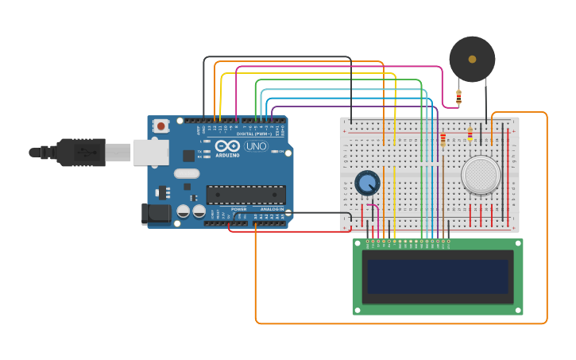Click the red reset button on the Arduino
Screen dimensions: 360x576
pyautogui.click(x=161, y=126)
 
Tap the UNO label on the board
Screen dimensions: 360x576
pyautogui.click(x=256, y=146)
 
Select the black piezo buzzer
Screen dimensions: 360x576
pyautogui.click(x=472, y=59)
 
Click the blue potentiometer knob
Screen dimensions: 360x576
pyautogui.click(x=367, y=183)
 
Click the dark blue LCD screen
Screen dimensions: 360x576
pyautogui.click(x=437, y=276)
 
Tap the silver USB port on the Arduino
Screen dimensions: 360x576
pyautogui.click(x=151, y=152)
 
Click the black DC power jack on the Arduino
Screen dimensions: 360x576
pyautogui.click(x=156, y=213)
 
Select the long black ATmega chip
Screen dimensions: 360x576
pyautogui.click(x=245, y=195)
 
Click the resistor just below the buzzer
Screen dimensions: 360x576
pyautogui.click(x=458, y=98)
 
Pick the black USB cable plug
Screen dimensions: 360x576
pyautogui.click(x=79, y=152)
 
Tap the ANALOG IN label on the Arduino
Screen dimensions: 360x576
pyautogui.click(x=271, y=209)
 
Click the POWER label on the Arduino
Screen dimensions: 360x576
pyautogui.click(x=238, y=209)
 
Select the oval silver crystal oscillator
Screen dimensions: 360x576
pyautogui.click(x=187, y=173)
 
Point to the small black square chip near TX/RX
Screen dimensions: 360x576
pyautogui.click(x=189, y=156)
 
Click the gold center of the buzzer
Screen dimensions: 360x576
pyautogui.click(x=472, y=59)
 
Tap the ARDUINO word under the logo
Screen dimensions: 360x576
pyautogui.click(x=227, y=156)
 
